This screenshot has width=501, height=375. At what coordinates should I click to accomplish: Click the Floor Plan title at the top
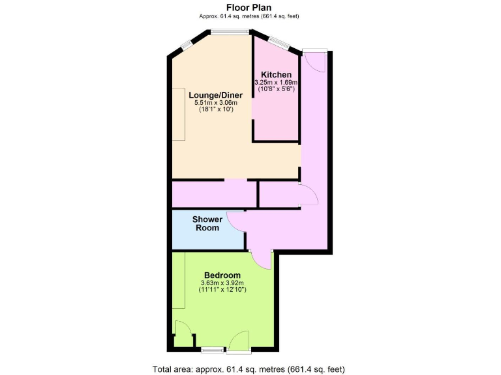(x=250, y=7)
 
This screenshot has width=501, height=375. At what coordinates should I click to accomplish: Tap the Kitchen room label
(x=276, y=75)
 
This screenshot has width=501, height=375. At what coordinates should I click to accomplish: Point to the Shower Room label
(x=207, y=223)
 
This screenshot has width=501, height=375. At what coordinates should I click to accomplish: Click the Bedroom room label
(x=222, y=275)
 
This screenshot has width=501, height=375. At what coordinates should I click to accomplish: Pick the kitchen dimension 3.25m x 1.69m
(x=276, y=83)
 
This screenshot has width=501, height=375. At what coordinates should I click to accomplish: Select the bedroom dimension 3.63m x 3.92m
(x=222, y=283)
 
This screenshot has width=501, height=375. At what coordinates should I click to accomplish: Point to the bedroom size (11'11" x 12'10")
(x=222, y=290)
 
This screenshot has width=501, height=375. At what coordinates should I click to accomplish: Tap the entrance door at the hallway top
(x=314, y=61)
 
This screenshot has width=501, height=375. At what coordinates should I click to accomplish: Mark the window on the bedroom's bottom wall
(x=211, y=350)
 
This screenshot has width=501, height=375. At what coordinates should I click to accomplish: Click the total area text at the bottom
(x=249, y=369)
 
